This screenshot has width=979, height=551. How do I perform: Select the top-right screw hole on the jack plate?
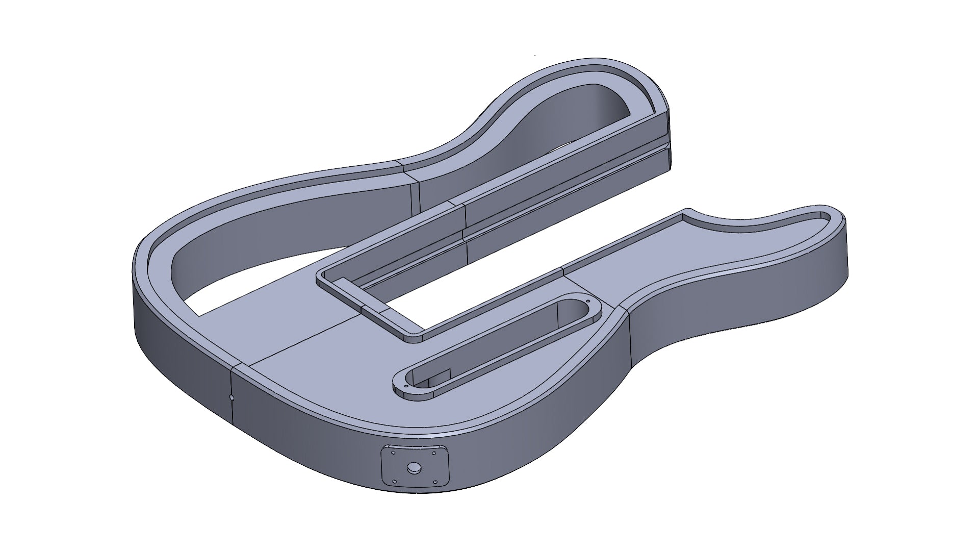tap(434, 450)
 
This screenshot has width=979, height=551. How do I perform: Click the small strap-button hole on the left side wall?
tap(231, 396)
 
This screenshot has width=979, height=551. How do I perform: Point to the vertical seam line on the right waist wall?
tap(629, 337)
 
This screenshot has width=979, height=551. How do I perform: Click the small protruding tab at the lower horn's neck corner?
tap(688, 210)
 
